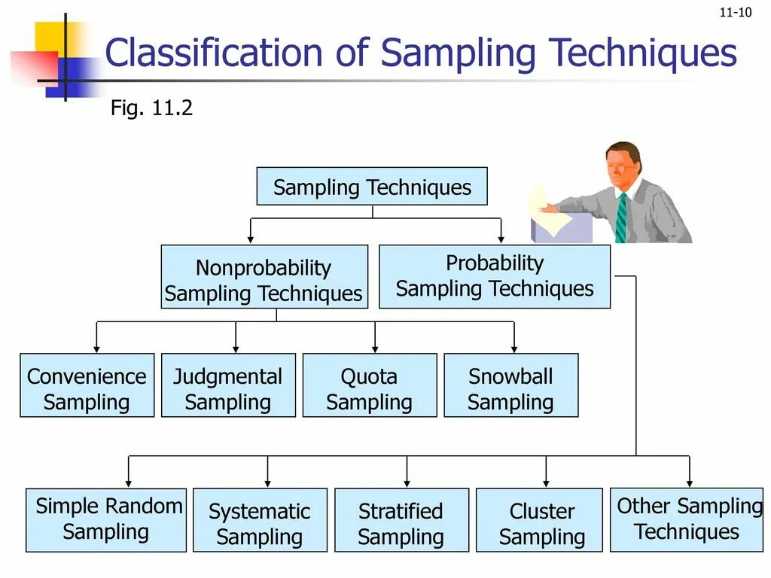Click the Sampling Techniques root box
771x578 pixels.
click(x=372, y=187)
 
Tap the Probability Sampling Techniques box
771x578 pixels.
click(x=495, y=276)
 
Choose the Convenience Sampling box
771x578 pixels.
click(x=87, y=385)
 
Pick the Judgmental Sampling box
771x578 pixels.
click(x=228, y=385)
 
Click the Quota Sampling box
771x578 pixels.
click(x=370, y=385)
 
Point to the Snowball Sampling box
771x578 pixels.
click(x=511, y=385)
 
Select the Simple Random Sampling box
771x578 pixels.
click(x=106, y=520)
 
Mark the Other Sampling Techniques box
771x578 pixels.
click(x=687, y=520)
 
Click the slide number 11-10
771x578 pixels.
click(x=736, y=12)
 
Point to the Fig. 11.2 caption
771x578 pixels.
click(x=151, y=108)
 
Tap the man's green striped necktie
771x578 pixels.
click(x=621, y=218)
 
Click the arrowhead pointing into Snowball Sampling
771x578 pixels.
click(x=514, y=348)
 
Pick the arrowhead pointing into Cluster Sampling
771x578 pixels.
click(x=547, y=482)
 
